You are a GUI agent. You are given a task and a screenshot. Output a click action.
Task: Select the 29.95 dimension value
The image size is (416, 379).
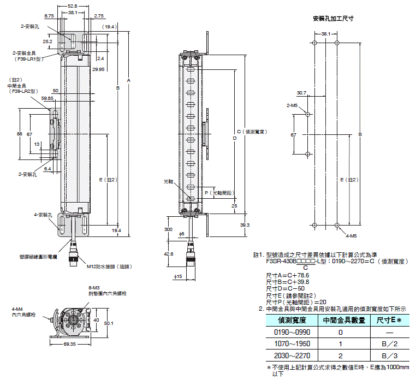point(99,69)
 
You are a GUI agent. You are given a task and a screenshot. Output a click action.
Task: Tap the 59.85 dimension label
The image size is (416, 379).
point(47,98)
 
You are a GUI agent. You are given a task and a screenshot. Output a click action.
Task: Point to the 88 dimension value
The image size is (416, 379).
point(19,134)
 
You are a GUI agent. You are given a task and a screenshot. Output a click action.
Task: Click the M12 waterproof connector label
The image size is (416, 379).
point(109,267)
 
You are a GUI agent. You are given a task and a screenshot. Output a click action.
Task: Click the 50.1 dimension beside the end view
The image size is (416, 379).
point(109,323)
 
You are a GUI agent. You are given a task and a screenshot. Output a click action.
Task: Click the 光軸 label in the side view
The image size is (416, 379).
point(168,181)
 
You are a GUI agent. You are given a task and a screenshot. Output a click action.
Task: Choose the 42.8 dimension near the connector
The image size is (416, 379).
point(169,254)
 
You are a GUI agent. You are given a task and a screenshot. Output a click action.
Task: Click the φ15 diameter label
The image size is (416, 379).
point(177,277)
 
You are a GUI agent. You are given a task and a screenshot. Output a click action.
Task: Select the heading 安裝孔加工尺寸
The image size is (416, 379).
point(333,18)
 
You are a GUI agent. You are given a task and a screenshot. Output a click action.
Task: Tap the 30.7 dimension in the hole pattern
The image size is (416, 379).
point(302,93)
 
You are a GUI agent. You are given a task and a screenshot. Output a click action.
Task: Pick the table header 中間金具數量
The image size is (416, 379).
point(344,320)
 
